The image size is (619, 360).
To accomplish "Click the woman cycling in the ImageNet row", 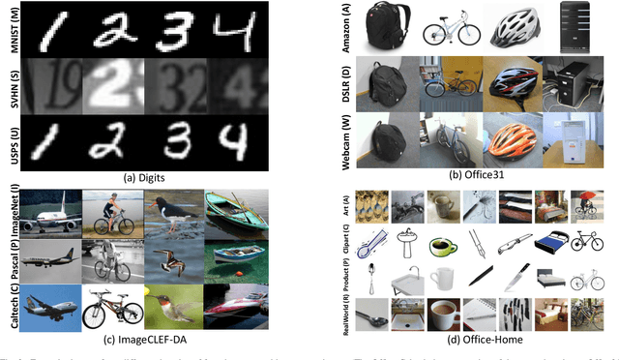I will (x=112, y=211).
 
